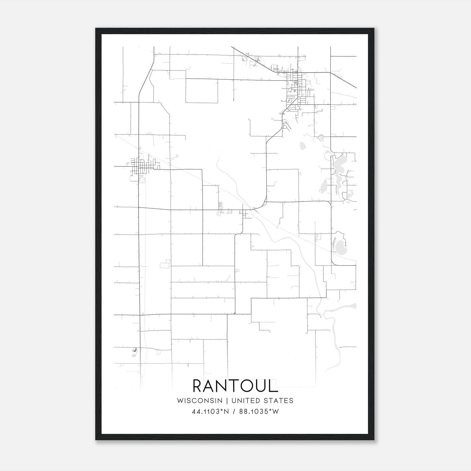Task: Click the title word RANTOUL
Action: coord(235,386)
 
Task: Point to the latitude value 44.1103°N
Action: coord(210,412)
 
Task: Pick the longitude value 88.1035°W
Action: coord(259,412)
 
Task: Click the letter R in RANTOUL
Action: coord(199,386)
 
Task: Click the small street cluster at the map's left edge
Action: coord(143,166)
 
